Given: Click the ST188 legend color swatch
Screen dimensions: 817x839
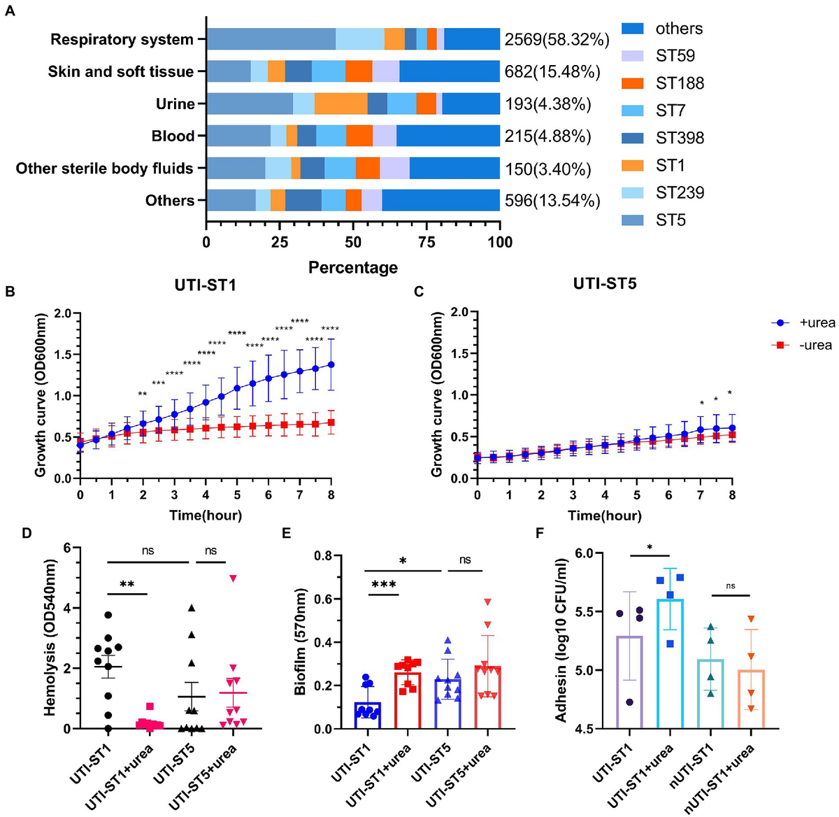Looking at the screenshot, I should tap(633, 83).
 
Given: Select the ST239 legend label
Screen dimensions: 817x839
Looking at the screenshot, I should tap(680, 193).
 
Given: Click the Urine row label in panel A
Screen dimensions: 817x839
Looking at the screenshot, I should tap(175, 104).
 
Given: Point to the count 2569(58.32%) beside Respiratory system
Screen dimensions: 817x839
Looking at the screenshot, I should tap(557, 40).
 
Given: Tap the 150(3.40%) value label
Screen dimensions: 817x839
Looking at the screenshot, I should tap(547, 169).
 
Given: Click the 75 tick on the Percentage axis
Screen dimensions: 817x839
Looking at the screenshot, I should tap(426, 243).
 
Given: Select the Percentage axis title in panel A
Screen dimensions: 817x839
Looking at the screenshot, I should tap(353, 268).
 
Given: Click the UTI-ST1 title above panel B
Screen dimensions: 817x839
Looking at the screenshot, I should tap(205, 285).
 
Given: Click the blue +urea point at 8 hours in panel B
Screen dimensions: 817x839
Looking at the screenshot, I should tap(331, 364).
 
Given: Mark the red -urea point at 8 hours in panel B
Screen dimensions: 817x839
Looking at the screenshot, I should tap(331, 422).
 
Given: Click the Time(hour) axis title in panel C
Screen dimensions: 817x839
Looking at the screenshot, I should tap(605, 516).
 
